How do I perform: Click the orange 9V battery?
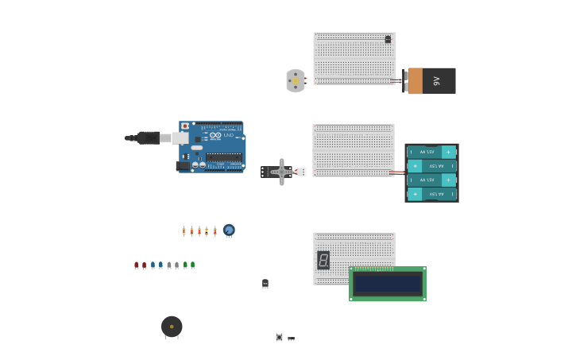[x=431, y=81]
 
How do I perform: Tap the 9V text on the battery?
[x=436, y=81]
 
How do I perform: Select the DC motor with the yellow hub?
[x=296, y=80]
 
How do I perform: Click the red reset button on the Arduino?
[x=185, y=126]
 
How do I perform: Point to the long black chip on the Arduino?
[x=224, y=157]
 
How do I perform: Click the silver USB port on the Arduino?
[x=180, y=137]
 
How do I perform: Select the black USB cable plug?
[x=148, y=137]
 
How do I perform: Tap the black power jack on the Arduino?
[x=183, y=166]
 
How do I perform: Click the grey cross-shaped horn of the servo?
[x=281, y=172]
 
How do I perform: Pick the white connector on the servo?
[x=302, y=172]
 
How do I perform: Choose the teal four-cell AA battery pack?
[x=431, y=172]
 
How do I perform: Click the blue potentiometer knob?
[x=229, y=230]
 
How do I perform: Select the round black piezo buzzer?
[x=172, y=326]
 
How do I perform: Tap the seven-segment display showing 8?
[x=323, y=260]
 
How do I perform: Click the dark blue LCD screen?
[x=388, y=284]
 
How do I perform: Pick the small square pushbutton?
[x=279, y=337]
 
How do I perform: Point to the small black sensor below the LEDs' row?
[x=265, y=284]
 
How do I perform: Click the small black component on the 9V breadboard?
[x=388, y=39]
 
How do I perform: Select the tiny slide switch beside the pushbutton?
[x=292, y=339]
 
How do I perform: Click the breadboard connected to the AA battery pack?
[x=354, y=149]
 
